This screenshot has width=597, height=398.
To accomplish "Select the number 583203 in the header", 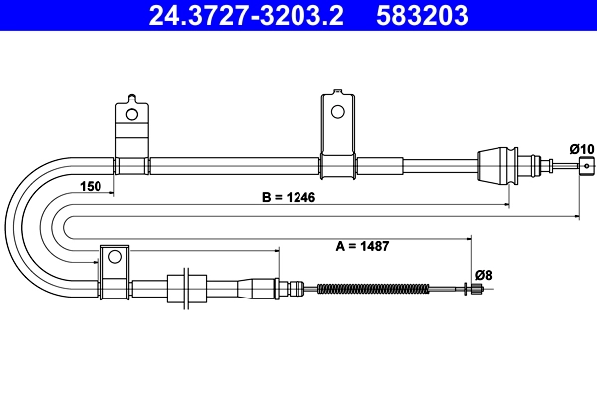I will click(x=422, y=16).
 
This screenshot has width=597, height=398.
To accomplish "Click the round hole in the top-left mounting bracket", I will click(x=129, y=114).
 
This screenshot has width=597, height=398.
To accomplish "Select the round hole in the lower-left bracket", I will click(x=114, y=257).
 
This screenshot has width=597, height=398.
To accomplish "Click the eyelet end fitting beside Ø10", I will click(x=586, y=165).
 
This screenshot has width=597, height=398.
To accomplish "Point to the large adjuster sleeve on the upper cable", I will click(x=497, y=164).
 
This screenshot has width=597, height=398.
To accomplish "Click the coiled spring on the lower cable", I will click(x=372, y=290).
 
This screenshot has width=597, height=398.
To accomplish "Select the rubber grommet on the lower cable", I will click(x=181, y=290).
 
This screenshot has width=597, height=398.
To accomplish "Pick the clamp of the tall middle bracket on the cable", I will click(x=337, y=165).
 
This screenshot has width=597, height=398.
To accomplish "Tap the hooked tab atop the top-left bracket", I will click(x=130, y=99).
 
